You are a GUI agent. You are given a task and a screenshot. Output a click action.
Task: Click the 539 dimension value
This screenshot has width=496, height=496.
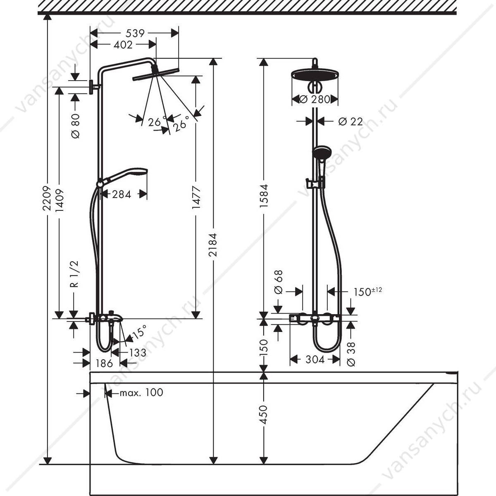pos(135,33)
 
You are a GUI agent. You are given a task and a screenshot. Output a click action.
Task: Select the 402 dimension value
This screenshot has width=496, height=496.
pos(123,45)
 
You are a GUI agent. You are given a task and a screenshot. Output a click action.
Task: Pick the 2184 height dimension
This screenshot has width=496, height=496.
pos(213,245)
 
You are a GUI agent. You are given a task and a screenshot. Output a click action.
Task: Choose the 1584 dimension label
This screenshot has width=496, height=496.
pos(264,196)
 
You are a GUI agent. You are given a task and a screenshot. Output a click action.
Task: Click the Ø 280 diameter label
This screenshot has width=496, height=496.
pos(315,100)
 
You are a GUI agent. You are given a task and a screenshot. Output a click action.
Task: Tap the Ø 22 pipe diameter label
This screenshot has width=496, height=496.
pos(351,122)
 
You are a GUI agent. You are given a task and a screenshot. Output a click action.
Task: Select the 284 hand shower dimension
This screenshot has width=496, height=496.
pos(122,194)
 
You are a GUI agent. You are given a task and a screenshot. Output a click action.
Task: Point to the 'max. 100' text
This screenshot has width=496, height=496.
pos(141,393)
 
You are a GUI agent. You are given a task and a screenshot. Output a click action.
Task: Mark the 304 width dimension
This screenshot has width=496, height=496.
pos(315,360)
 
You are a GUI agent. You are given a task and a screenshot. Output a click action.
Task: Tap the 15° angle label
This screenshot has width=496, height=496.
pos(138,332)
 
